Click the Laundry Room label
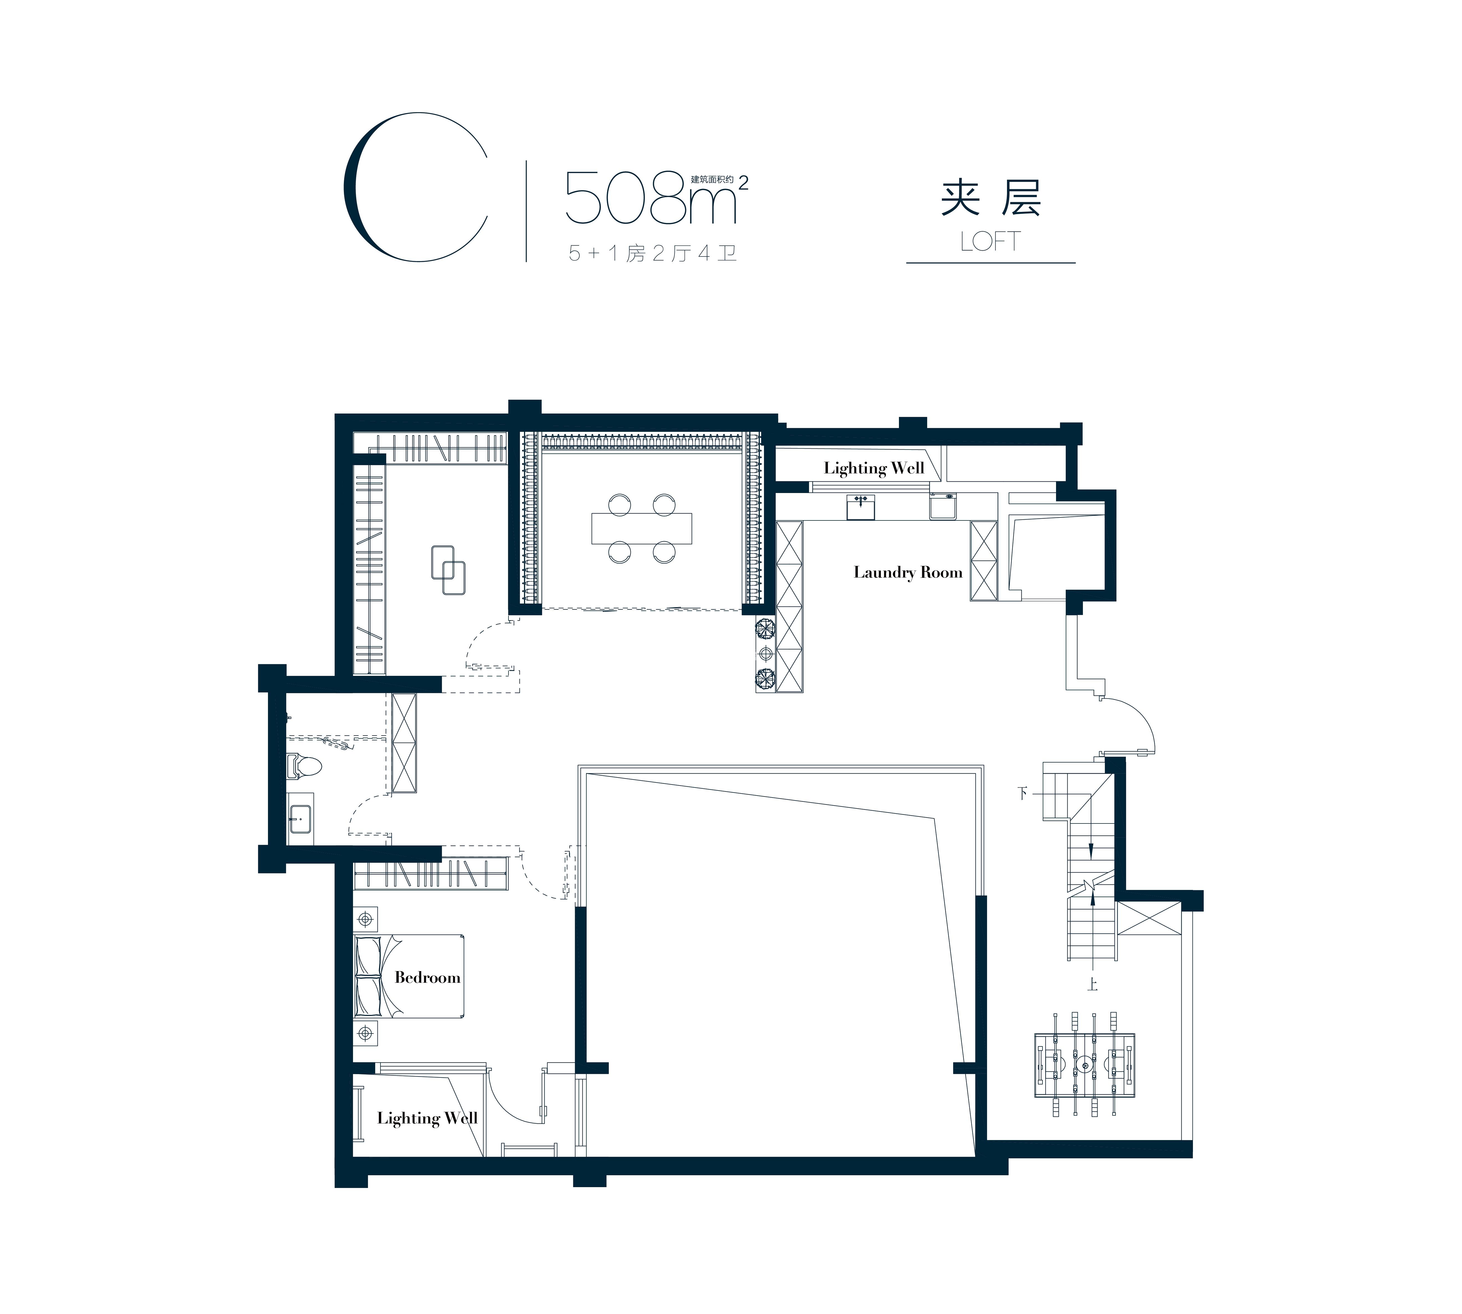click(908, 573)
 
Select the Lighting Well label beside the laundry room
click(874, 468)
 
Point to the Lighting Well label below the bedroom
click(427, 1118)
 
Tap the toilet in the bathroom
click(303, 765)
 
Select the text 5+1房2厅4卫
click(652, 253)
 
